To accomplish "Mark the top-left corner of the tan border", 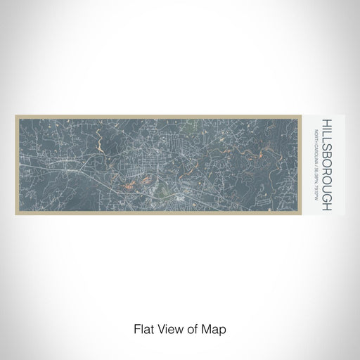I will [x=15, y=115].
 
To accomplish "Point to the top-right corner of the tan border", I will [x=300, y=115].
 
